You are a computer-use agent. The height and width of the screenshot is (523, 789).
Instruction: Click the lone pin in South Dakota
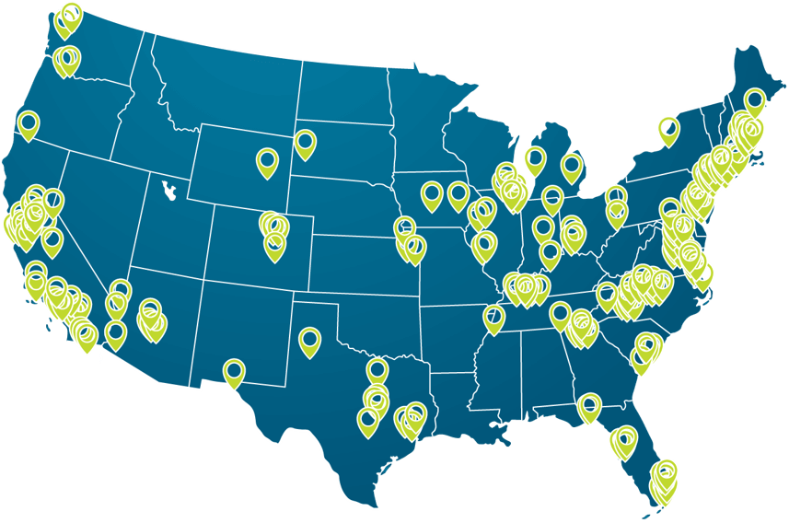[305, 143]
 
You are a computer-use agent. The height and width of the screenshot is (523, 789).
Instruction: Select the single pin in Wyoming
[268, 161]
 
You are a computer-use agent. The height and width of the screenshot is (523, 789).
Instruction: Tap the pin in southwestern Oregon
[29, 123]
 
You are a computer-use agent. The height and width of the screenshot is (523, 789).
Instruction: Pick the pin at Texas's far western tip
[235, 372]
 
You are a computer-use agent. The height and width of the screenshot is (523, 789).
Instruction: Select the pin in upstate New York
[669, 129]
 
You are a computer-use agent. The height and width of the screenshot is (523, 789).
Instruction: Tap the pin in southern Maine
[755, 100]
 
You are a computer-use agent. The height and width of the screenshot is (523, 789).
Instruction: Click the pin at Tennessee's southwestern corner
[494, 318]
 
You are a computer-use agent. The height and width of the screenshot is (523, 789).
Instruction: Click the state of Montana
[230, 87]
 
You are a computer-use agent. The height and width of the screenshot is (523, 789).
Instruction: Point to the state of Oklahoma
[377, 318]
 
